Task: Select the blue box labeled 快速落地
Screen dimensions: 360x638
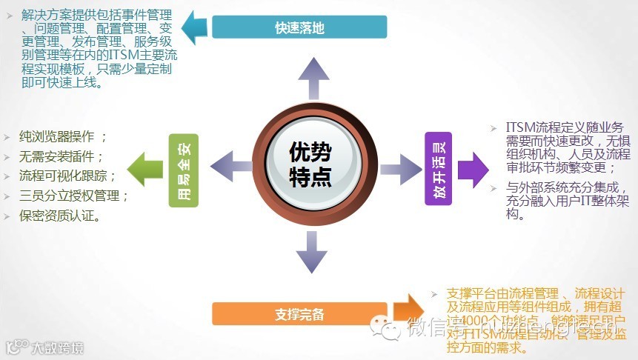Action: (299, 27)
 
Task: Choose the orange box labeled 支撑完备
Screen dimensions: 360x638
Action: (299, 313)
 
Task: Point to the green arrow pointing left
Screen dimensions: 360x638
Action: (144, 167)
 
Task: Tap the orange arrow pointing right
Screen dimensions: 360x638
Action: (410, 311)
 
